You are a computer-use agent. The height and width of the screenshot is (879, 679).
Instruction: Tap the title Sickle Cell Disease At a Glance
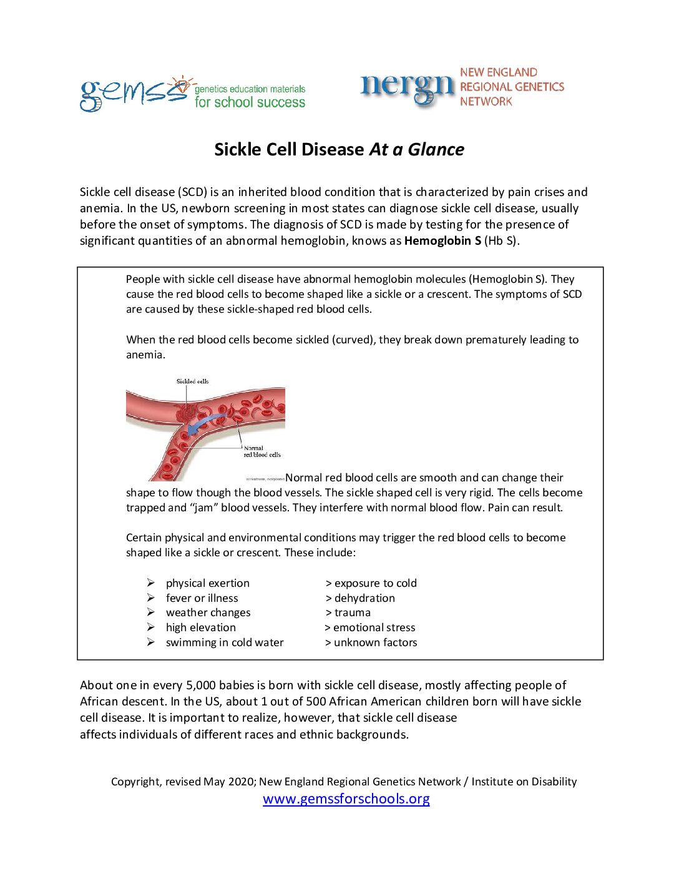pyautogui.click(x=339, y=149)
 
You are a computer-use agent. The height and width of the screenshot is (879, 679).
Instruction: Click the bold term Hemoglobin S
pyautogui.click(x=442, y=241)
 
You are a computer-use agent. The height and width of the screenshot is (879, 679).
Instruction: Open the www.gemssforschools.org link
pyautogui.click(x=346, y=799)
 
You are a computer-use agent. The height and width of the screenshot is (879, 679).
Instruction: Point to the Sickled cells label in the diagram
pyautogui.click(x=192, y=381)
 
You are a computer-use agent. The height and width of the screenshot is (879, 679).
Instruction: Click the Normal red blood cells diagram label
pyautogui.click(x=261, y=451)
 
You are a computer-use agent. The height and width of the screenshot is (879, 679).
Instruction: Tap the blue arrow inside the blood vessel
pyautogui.click(x=207, y=422)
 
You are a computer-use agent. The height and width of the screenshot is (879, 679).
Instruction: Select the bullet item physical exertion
pyautogui.click(x=207, y=583)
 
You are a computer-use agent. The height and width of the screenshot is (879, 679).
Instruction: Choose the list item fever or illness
pyautogui.click(x=202, y=598)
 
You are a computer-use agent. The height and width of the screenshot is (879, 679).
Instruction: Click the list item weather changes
pyautogui.click(x=208, y=613)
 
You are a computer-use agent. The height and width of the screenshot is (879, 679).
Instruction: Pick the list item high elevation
pyautogui.click(x=200, y=628)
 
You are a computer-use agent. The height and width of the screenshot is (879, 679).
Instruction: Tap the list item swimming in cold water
pyautogui.click(x=224, y=643)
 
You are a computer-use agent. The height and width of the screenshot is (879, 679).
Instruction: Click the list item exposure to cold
pyautogui.click(x=375, y=583)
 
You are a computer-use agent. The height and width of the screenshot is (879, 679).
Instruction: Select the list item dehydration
pyautogui.click(x=364, y=598)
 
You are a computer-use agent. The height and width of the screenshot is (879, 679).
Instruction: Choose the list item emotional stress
pyautogui.click(x=374, y=628)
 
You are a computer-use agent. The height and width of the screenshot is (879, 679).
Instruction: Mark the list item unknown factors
pyautogui.click(x=375, y=643)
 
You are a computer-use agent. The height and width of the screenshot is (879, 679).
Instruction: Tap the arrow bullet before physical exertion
pyautogui.click(x=151, y=582)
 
